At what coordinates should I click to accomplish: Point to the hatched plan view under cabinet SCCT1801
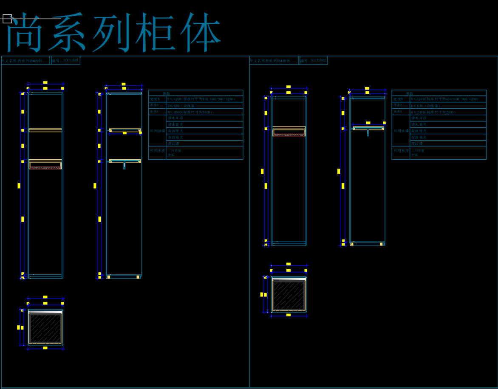(x=45, y=327)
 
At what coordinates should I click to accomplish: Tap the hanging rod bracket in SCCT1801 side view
(x=124, y=166)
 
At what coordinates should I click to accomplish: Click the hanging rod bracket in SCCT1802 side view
(x=368, y=133)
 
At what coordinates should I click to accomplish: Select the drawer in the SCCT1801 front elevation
(x=45, y=165)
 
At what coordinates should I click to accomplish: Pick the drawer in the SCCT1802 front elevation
(x=289, y=132)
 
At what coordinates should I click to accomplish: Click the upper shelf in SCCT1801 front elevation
(x=45, y=130)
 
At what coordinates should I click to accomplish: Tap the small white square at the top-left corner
(x=7, y=18)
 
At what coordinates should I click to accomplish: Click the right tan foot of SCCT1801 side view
(x=138, y=277)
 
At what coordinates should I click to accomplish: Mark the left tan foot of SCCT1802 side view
(x=352, y=244)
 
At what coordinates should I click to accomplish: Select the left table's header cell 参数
(x=166, y=93)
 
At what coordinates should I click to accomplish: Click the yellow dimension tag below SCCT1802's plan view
(x=289, y=315)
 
